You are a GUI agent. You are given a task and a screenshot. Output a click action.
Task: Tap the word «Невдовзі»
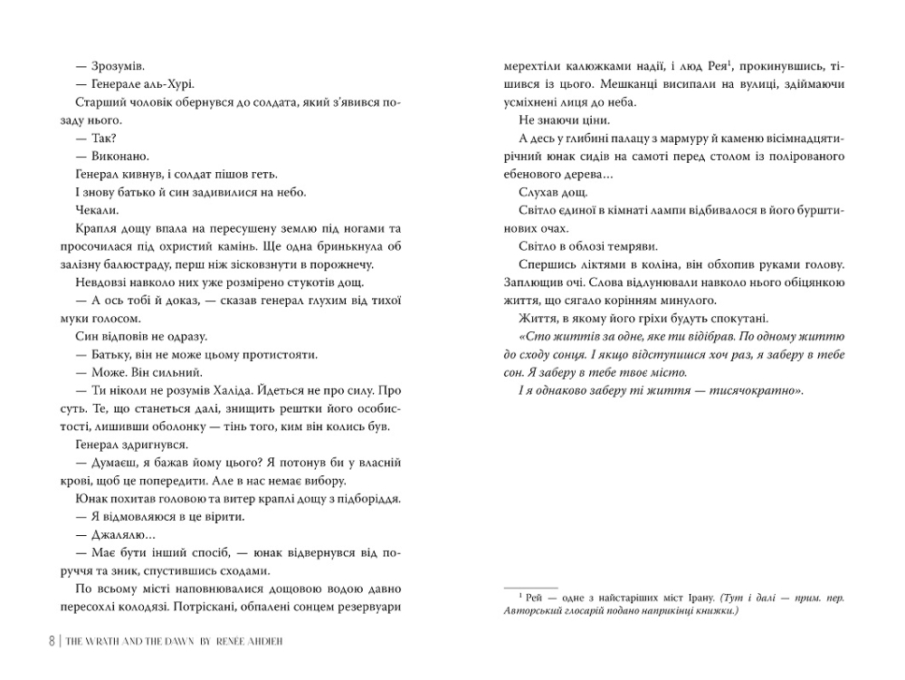(x=96, y=283)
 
